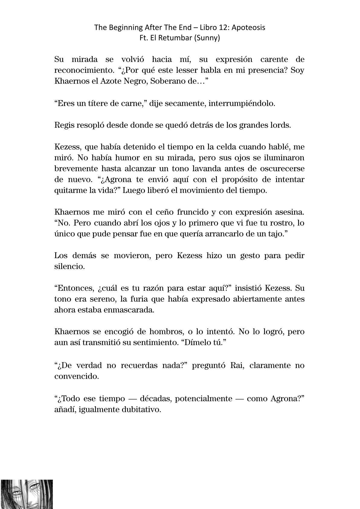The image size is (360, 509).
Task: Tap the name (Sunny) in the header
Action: pos(208,38)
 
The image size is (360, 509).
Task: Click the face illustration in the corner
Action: pos(27,494)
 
